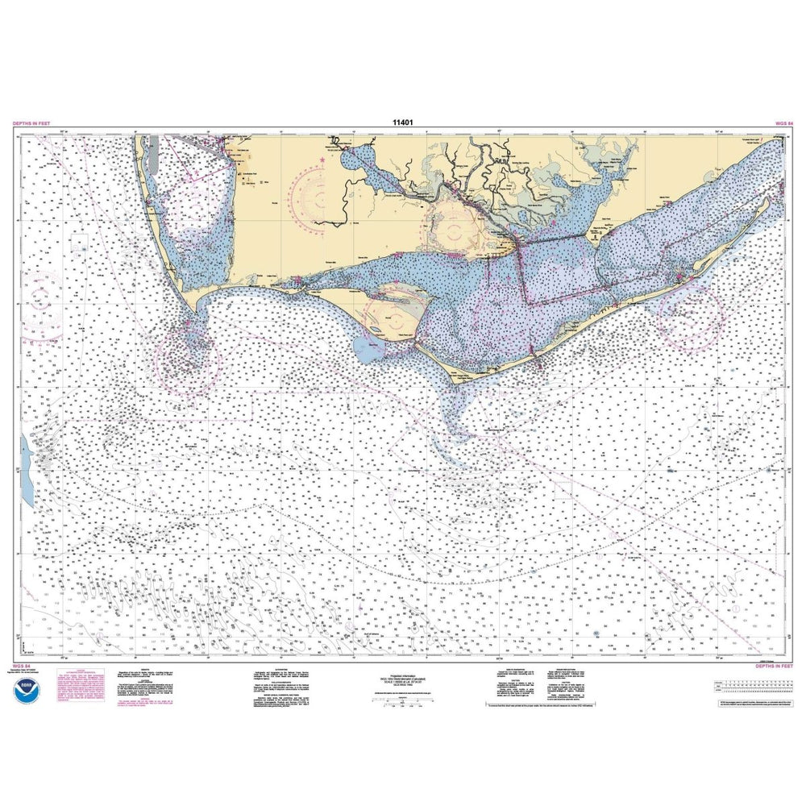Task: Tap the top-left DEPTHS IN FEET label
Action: point(33,123)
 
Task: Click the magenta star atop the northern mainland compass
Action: point(323,161)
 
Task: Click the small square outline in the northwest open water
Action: point(79,240)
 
